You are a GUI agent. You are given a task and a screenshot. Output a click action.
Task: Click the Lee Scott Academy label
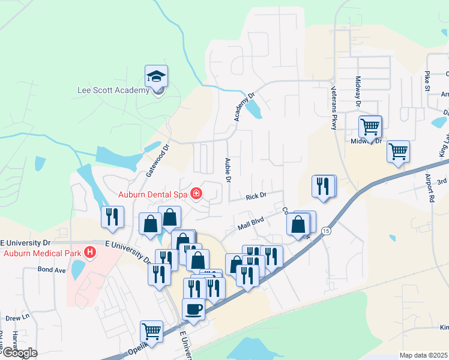click(x=113, y=91)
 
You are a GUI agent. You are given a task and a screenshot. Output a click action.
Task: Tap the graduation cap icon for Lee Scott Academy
click(x=156, y=76)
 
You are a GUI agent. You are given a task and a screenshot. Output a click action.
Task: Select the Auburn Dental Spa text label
click(x=152, y=194)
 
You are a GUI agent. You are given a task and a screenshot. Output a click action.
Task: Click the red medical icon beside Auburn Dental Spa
click(x=196, y=193)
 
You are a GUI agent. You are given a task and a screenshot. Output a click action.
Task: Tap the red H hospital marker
click(x=90, y=252)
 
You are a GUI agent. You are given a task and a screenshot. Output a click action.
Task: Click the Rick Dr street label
click(x=255, y=196)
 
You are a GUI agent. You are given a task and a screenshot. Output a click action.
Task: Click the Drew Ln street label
click(x=17, y=317)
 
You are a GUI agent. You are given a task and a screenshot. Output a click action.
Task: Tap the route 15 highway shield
click(x=325, y=230)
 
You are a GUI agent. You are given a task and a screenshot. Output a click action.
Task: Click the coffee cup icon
click(x=193, y=309)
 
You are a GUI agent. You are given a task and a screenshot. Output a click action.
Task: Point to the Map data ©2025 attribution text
click(x=424, y=355)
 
